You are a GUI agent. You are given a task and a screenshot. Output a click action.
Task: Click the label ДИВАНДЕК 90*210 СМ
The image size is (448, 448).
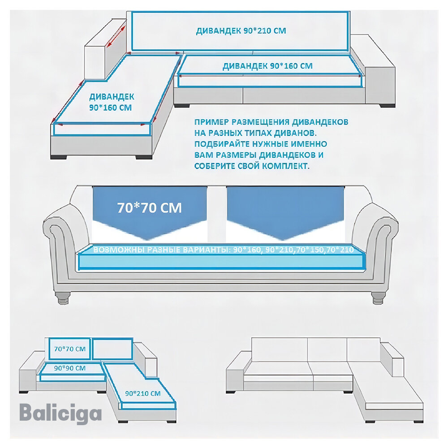click(241, 31)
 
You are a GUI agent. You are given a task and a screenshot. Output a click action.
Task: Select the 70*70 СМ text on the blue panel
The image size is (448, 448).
click(149, 208)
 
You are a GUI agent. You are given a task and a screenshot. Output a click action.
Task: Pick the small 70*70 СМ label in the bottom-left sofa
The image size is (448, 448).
click(69, 348)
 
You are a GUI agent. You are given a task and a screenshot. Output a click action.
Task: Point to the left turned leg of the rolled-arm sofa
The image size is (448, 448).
click(64, 297)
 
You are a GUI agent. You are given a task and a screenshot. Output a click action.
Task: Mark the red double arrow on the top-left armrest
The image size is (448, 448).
click(116, 36)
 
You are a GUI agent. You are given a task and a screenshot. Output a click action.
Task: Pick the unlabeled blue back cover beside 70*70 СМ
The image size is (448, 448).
click(112, 349)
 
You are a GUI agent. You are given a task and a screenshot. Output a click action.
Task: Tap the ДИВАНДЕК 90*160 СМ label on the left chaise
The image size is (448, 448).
click(111, 102)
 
